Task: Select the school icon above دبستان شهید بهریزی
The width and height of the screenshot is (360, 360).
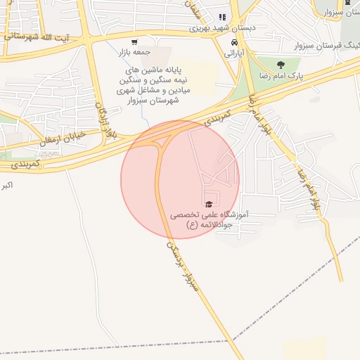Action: (x=222, y=18)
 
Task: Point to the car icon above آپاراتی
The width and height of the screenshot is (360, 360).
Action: (x=232, y=41)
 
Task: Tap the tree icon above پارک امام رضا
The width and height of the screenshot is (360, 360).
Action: (x=281, y=65)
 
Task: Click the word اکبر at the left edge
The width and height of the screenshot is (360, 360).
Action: (x=8, y=186)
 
